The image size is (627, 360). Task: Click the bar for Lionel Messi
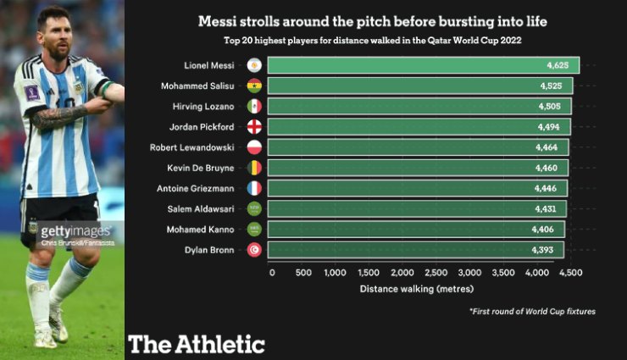tap(424, 65)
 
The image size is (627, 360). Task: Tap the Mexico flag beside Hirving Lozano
tap(253, 106)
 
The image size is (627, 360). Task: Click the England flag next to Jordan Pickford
tap(253, 126)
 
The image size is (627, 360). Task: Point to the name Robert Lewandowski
tap(205, 147)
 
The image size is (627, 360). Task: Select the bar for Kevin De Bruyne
tap(419, 168)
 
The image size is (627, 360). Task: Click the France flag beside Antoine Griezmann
tap(253, 188)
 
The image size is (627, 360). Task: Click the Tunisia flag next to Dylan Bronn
tap(253, 250)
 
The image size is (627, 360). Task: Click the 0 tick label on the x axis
tap(272, 273)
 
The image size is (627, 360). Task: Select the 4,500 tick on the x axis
tap(570, 273)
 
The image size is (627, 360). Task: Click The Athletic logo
tap(197, 343)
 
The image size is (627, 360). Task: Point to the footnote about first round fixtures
tap(532, 312)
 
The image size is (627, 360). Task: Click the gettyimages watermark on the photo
tap(75, 231)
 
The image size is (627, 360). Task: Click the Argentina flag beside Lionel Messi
tap(253, 65)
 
